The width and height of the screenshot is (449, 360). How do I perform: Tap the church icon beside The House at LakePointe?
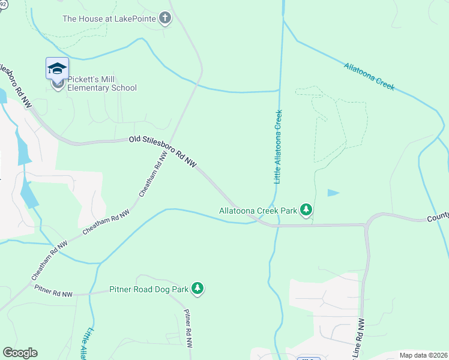(166, 19)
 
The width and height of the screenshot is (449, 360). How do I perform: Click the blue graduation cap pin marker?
(57, 68)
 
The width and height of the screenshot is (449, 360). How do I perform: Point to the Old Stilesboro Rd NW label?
(163, 151)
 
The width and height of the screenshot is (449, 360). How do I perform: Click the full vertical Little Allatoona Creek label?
(278, 146)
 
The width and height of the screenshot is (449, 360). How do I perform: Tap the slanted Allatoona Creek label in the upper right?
(369, 76)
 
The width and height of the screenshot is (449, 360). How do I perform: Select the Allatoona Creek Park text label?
(258, 210)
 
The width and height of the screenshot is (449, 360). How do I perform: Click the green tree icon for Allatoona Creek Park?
(307, 210)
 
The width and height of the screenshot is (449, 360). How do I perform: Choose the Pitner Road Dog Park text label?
(148, 289)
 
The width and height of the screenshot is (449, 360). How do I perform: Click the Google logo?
(20, 353)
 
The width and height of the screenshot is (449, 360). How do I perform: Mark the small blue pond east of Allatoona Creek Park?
(333, 193)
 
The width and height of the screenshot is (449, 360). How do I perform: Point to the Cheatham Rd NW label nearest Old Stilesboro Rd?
(153, 175)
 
